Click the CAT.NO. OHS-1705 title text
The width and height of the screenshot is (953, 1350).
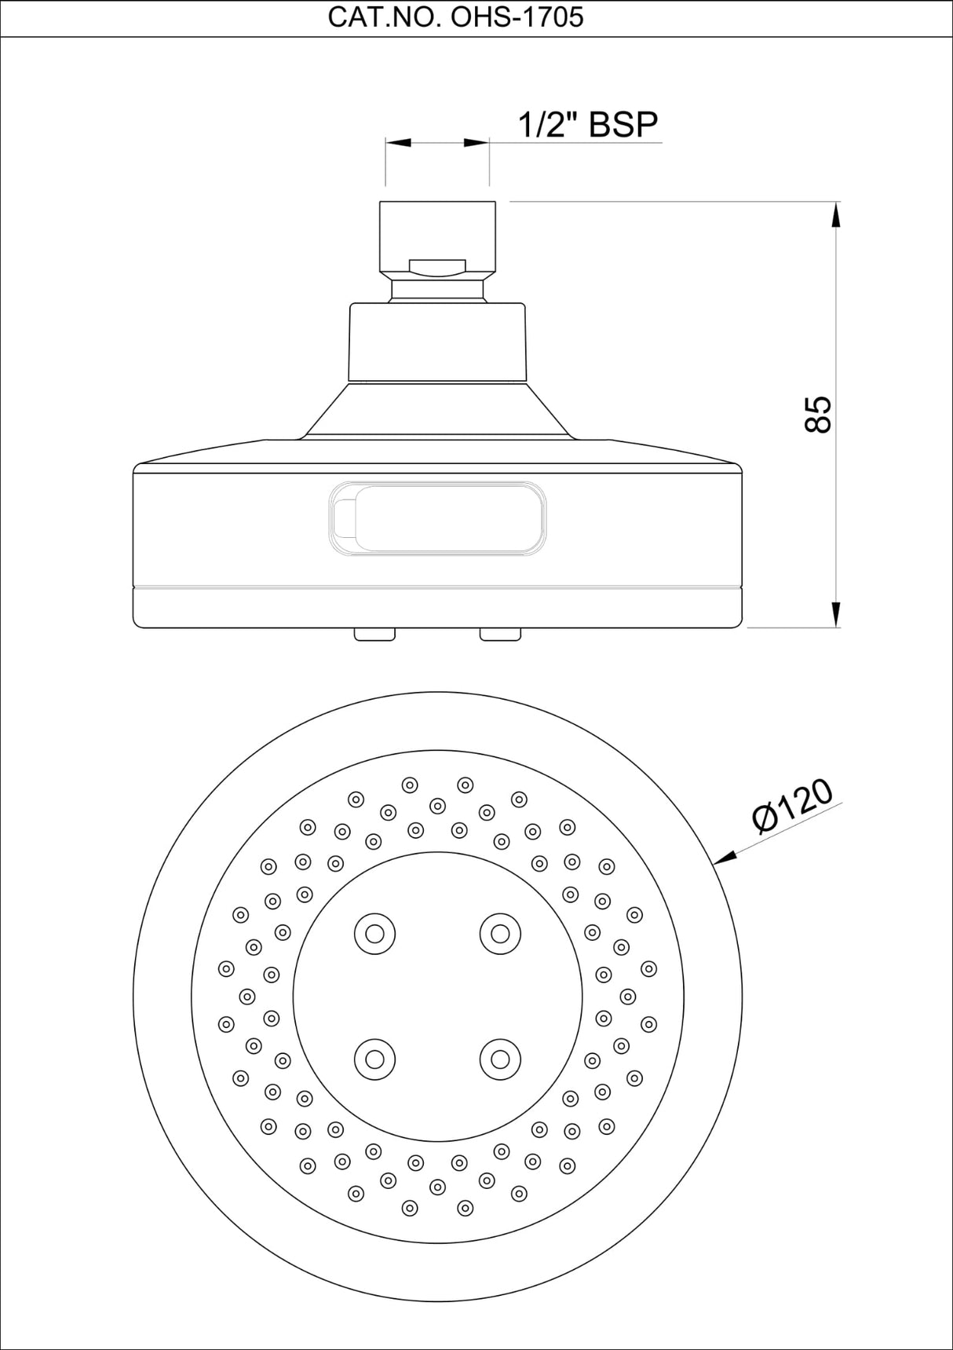455,17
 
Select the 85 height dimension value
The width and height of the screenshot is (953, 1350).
818,415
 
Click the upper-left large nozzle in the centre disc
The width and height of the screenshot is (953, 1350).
374,934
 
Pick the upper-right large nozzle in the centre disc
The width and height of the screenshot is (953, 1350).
500,934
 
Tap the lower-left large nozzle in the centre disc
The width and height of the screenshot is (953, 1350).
374,1059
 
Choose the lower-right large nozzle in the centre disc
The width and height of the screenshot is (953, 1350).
500,1059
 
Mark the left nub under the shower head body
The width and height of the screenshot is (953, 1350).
374,635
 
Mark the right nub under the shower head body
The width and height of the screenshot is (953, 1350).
500,635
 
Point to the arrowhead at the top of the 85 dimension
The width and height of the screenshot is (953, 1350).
837,216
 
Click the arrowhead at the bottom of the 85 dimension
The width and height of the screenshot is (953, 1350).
837,614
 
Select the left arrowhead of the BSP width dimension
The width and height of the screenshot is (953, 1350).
398,143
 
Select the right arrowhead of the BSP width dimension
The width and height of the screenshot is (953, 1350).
476,143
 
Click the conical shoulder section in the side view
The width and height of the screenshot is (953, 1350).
437,411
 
